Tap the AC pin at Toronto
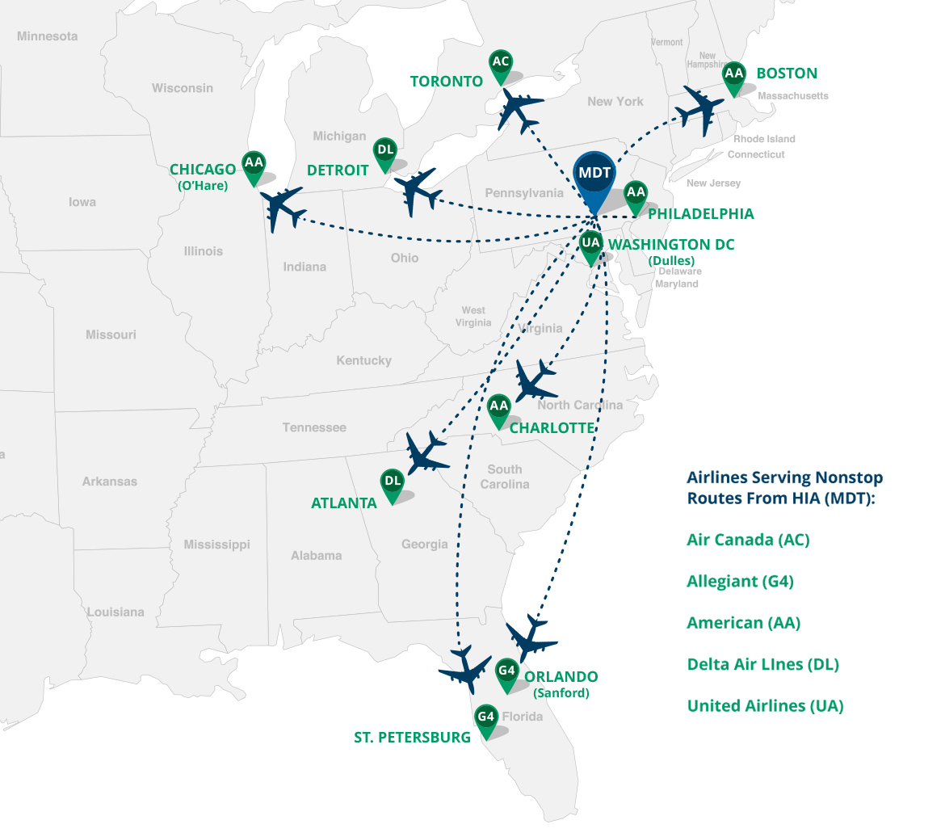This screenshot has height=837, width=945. click(501, 63)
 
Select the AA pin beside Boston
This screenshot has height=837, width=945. click(733, 74)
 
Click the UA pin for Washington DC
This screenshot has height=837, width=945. click(591, 243)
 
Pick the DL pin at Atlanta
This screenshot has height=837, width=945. click(393, 482)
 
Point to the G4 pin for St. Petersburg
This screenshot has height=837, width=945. click(485, 717)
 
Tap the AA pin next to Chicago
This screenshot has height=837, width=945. click(254, 164)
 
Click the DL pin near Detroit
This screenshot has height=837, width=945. click(385, 151)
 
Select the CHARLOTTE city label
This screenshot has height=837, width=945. click(552, 427)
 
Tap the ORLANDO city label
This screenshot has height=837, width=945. click(561, 676)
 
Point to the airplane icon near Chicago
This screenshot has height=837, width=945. click(283, 208)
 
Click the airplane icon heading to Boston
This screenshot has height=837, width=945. click(701, 108)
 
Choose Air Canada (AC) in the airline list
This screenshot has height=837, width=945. click(748, 539)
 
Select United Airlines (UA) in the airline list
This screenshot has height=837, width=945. click(765, 705)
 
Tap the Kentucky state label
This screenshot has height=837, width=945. click(363, 360)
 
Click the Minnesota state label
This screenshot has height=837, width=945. click(47, 36)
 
